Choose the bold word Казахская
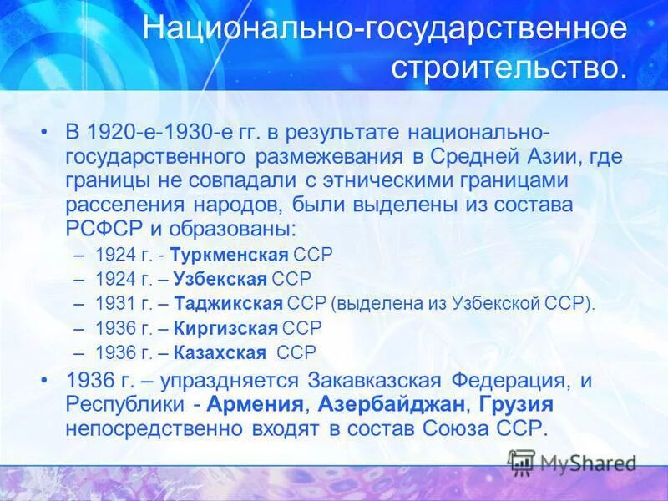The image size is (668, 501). [x=225, y=352]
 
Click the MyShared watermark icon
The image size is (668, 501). [x=522, y=462]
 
